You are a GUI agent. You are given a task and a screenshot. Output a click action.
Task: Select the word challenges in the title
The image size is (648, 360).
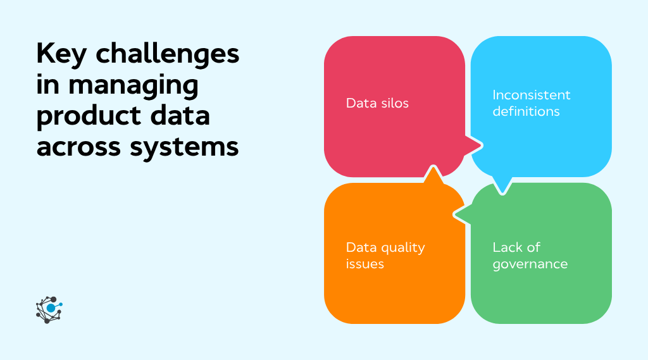pyautogui.click(x=168, y=56)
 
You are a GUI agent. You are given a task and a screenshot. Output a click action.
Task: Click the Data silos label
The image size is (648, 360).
pyautogui.click(x=377, y=103)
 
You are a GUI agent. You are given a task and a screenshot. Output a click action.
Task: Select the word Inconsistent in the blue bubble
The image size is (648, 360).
pyautogui.click(x=532, y=95)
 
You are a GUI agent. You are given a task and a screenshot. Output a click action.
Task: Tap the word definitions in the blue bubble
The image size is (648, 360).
pyautogui.click(x=526, y=111)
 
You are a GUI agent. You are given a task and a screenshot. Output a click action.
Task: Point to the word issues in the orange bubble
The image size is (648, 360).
pyautogui.click(x=365, y=264)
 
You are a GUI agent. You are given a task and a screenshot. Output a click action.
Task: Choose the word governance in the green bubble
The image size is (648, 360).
pyautogui.click(x=530, y=264)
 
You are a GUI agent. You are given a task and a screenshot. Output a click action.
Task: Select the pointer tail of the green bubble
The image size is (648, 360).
pyautogui.click(x=461, y=216)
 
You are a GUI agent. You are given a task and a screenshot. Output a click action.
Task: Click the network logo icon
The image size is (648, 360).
pyautogui.click(x=49, y=309)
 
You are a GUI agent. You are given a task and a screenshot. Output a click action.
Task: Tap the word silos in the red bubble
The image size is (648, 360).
pyautogui.click(x=393, y=103)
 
